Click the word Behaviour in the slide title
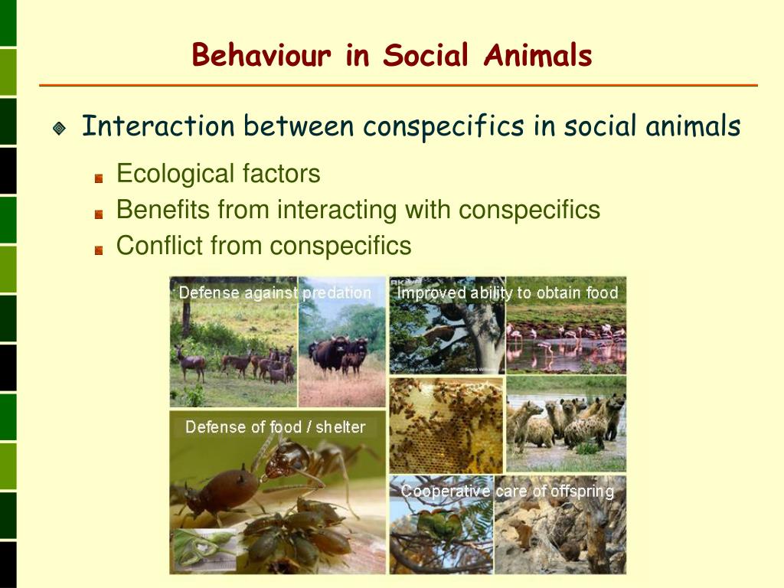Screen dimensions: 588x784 [x=262, y=56]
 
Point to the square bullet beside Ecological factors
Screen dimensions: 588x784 [x=99, y=178]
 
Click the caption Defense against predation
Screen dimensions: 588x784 [x=274, y=293]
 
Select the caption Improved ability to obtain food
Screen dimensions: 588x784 [x=507, y=293]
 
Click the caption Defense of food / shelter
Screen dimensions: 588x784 [x=275, y=427]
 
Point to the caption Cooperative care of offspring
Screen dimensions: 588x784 [x=507, y=492]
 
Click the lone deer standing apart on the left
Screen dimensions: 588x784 [x=190, y=361]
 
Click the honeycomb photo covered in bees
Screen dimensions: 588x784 [x=446, y=426]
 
